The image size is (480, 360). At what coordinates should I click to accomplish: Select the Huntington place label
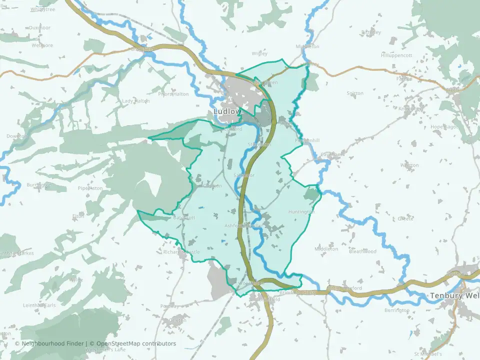[x=301, y=212]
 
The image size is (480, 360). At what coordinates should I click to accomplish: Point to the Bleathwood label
[x=362, y=251]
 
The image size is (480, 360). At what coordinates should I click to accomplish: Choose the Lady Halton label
[x=136, y=101]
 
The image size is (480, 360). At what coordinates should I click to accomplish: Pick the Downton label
[x=16, y=136]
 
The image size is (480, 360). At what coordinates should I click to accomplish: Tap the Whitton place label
[x=409, y=165]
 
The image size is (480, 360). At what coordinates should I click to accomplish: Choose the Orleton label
[x=177, y=320]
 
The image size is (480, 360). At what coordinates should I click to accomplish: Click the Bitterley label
[x=370, y=32]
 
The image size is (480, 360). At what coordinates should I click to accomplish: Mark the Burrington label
[x=39, y=185]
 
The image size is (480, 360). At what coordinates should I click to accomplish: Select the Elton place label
[x=78, y=216]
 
